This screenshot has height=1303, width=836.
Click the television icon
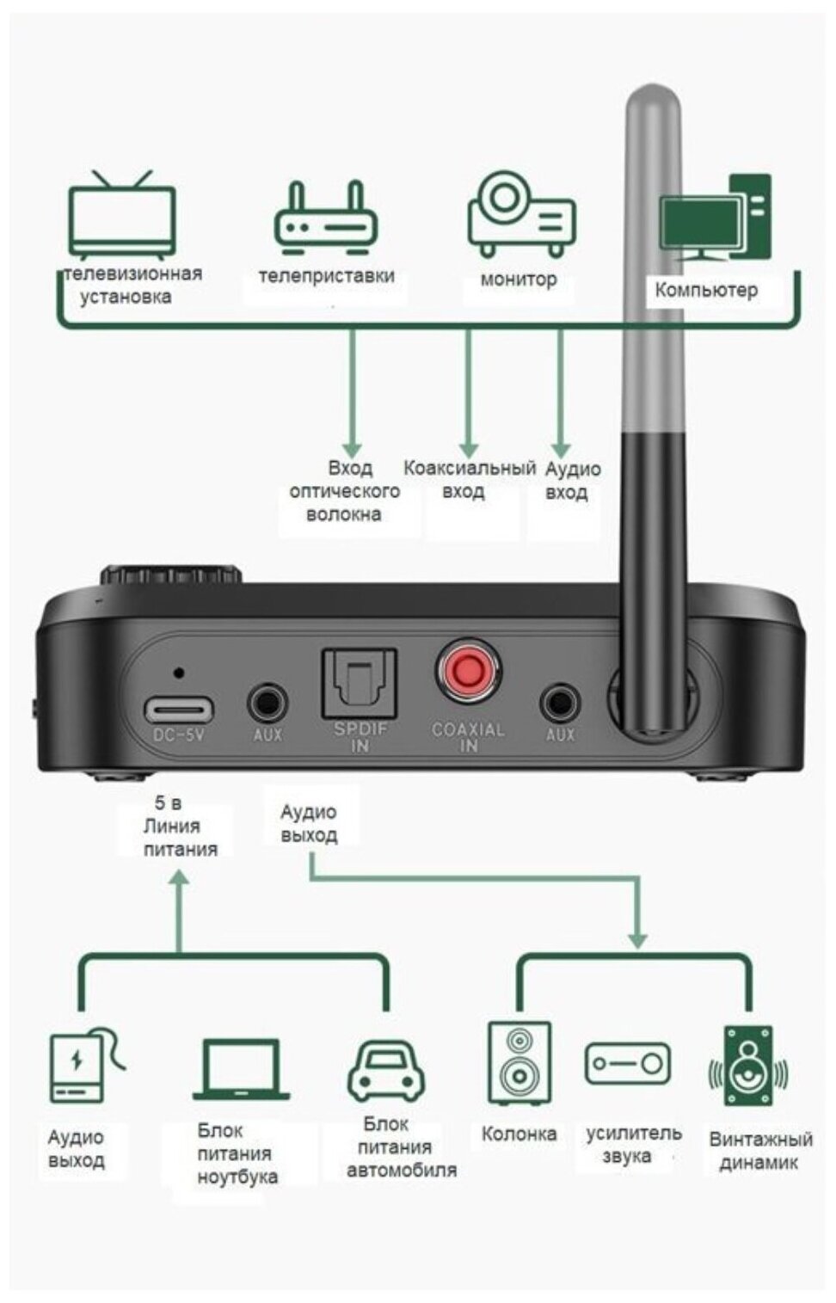pos(122,216)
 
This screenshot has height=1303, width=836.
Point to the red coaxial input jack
pos(468,671)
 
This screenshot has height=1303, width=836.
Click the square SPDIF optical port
pos(359,684)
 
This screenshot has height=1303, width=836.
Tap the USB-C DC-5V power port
pos(179,710)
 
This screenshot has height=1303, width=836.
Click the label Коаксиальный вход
pos(468,480)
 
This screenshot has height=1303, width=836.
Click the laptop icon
pos(241,1069)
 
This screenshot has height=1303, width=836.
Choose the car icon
pos(386,1071)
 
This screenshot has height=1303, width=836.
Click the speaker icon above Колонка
pos(519,1063)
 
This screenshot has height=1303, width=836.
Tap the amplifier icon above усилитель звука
pos(627,1063)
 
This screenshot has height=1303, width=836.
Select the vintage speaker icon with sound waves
pos(747,1066)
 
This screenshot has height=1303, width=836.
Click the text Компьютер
pos(706,290)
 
